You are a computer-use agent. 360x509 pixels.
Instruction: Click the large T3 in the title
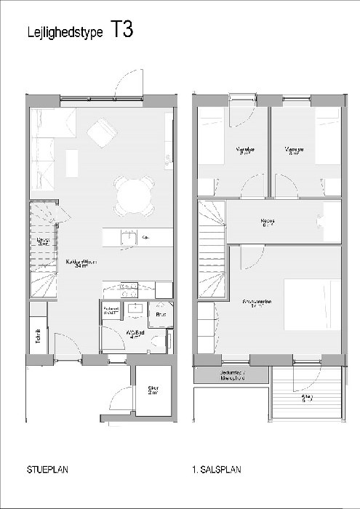tap(121, 31)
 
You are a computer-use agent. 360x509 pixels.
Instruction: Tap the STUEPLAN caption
tap(47, 470)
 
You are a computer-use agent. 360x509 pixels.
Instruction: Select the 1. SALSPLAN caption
tap(217, 470)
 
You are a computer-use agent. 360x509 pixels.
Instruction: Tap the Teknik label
tap(37, 337)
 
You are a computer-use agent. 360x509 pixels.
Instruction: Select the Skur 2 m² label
tap(153, 390)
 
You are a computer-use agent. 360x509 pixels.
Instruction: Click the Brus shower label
tap(161, 315)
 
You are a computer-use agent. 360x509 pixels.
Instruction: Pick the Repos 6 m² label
tap(268, 223)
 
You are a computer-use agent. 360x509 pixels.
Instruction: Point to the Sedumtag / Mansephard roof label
tap(232, 376)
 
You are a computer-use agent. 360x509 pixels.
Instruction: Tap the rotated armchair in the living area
tap(101, 133)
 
